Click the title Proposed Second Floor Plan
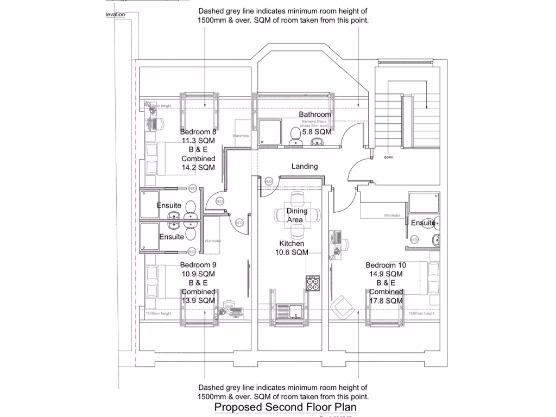(286, 407)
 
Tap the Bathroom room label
(314, 115)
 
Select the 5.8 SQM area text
(316, 131)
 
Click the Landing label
(304, 166)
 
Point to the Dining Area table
(296, 215)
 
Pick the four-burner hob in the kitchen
(313, 283)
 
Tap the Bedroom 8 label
(198, 132)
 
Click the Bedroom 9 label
(198, 265)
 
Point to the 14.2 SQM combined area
(198, 168)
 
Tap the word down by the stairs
(388, 157)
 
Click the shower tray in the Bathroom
(269, 132)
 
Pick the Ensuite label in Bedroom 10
(422, 223)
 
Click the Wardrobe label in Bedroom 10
(392, 216)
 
